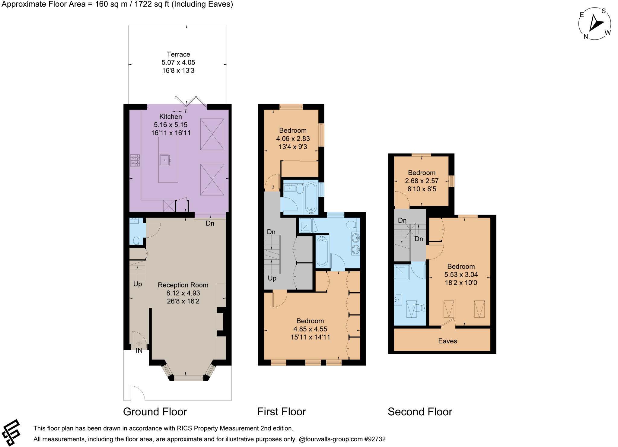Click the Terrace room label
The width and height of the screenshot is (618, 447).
178,54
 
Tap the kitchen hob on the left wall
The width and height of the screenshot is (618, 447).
135,160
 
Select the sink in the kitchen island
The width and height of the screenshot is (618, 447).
165,160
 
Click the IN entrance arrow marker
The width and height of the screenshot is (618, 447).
139,344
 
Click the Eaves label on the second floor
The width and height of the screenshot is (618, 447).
447,341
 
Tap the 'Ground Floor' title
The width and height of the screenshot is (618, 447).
155,412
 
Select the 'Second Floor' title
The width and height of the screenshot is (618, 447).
420,412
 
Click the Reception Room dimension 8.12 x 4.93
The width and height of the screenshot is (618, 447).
183,293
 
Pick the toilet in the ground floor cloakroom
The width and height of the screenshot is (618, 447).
136,240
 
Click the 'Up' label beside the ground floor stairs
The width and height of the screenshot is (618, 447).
138,284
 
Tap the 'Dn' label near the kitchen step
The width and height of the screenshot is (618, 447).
210,223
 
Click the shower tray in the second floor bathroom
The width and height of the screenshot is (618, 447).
402,272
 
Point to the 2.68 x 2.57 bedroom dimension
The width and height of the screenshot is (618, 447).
422,181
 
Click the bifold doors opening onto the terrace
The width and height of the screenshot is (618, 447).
191,102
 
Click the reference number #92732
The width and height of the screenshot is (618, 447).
375,439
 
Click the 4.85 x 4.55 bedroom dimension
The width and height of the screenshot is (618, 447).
310,329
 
